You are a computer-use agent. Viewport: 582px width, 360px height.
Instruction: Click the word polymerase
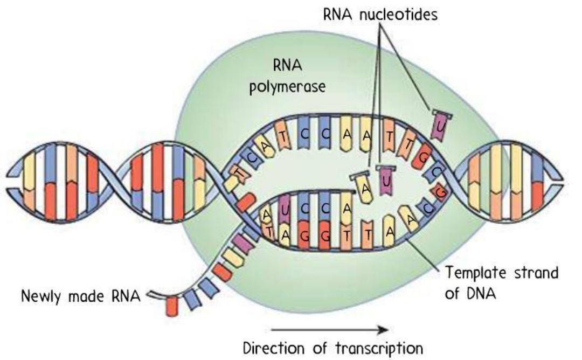coord(287,87)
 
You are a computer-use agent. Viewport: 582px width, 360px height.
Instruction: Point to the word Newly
coord(41,296)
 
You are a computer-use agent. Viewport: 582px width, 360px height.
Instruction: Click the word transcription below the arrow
coord(379,349)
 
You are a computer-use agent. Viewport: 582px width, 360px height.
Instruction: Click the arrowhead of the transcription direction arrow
coord(384,329)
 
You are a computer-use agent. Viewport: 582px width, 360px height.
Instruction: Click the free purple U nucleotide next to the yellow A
coord(386,180)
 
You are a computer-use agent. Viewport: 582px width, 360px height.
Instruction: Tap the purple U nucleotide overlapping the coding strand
coord(440,126)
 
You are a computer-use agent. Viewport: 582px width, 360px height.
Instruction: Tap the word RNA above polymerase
coord(287,66)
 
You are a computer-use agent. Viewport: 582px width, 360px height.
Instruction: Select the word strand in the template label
coord(536,273)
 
